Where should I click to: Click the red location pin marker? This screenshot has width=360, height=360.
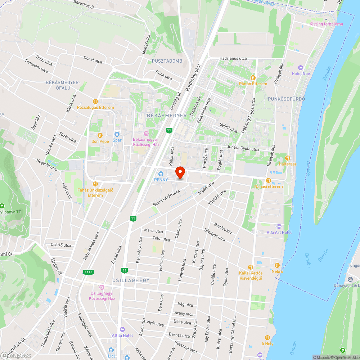[x=180, y=172]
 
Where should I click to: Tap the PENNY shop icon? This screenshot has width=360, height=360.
[x=161, y=174]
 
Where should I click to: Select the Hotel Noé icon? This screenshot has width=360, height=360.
[x=301, y=68]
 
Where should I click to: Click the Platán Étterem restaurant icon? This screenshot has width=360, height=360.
[x=253, y=78]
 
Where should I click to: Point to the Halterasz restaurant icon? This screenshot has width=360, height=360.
[x=287, y=158]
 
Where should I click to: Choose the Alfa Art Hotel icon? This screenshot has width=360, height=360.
[x=279, y=226]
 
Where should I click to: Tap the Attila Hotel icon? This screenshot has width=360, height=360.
[x=122, y=329]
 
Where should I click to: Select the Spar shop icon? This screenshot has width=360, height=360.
[x=117, y=134]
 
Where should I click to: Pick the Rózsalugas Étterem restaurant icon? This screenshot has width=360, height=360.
[x=95, y=102]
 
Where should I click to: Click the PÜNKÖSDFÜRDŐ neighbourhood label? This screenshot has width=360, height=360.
[x=287, y=99]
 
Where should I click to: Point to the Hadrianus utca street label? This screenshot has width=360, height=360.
[x=233, y=58]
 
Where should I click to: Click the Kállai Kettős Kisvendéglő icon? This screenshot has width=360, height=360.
[x=251, y=267]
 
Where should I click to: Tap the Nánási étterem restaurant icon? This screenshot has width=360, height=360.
[x=268, y=180]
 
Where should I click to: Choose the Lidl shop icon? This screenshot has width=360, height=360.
[x=111, y=350]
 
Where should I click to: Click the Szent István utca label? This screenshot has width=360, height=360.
[x=166, y=198]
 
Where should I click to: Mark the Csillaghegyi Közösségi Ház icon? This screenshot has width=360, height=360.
[x=102, y=287]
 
